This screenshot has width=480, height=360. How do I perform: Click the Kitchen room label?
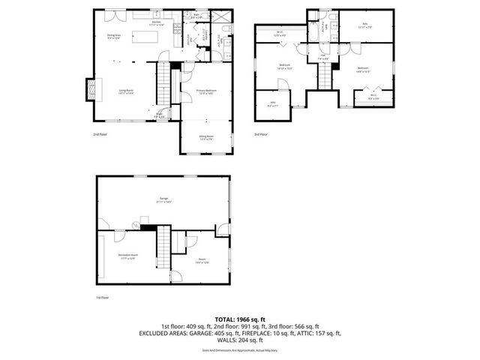(157, 23)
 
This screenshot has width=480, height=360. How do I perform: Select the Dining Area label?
(114, 36)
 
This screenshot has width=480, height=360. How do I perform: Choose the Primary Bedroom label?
(205, 91)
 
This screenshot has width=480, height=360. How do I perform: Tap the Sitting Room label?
(206, 137)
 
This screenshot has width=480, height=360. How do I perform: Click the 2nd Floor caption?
(99, 134)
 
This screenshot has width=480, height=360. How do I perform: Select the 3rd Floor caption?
(259, 134)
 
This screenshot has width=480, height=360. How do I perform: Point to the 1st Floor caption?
(103, 298)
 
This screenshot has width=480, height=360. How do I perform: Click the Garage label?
(164, 199)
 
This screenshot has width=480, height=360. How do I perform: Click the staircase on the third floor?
(326, 74)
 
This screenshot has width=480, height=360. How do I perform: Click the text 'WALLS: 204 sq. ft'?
(239, 339)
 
